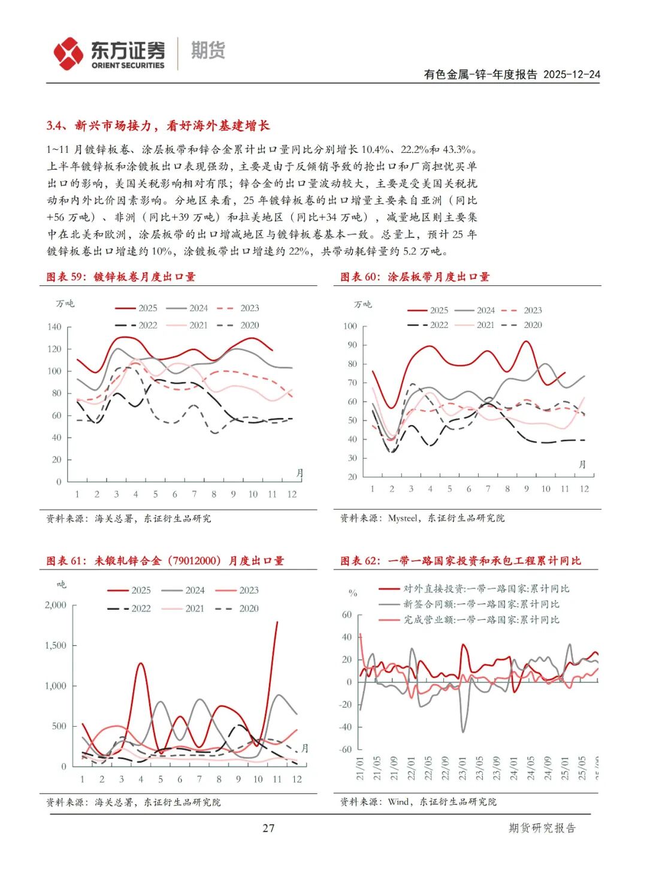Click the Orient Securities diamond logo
pyautogui.click(x=68, y=53)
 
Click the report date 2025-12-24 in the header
pyautogui.click(x=572, y=74)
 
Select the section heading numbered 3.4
pyautogui.click(x=158, y=125)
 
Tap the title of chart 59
pyautogui.click(x=121, y=276)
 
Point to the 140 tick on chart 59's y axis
pyautogui.click(x=54, y=327)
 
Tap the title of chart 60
pyautogui.click(x=415, y=276)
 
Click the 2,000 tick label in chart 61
pyautogui.click(x=55, y=605)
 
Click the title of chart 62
pyautogui.click(x=460, y=561)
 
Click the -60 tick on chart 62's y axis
pyautogui.click(x=346, y=749)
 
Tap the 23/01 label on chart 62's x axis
pyautogui.click(x=462, y=768)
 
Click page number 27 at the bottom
pyautogui.click(x=268, y=828)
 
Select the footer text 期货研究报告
pyautogui.click(x=542, y=828)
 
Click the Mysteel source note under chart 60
pyautogui.click(x=422, y=518)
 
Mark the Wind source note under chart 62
pyautogui.click(x=418, y=802)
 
